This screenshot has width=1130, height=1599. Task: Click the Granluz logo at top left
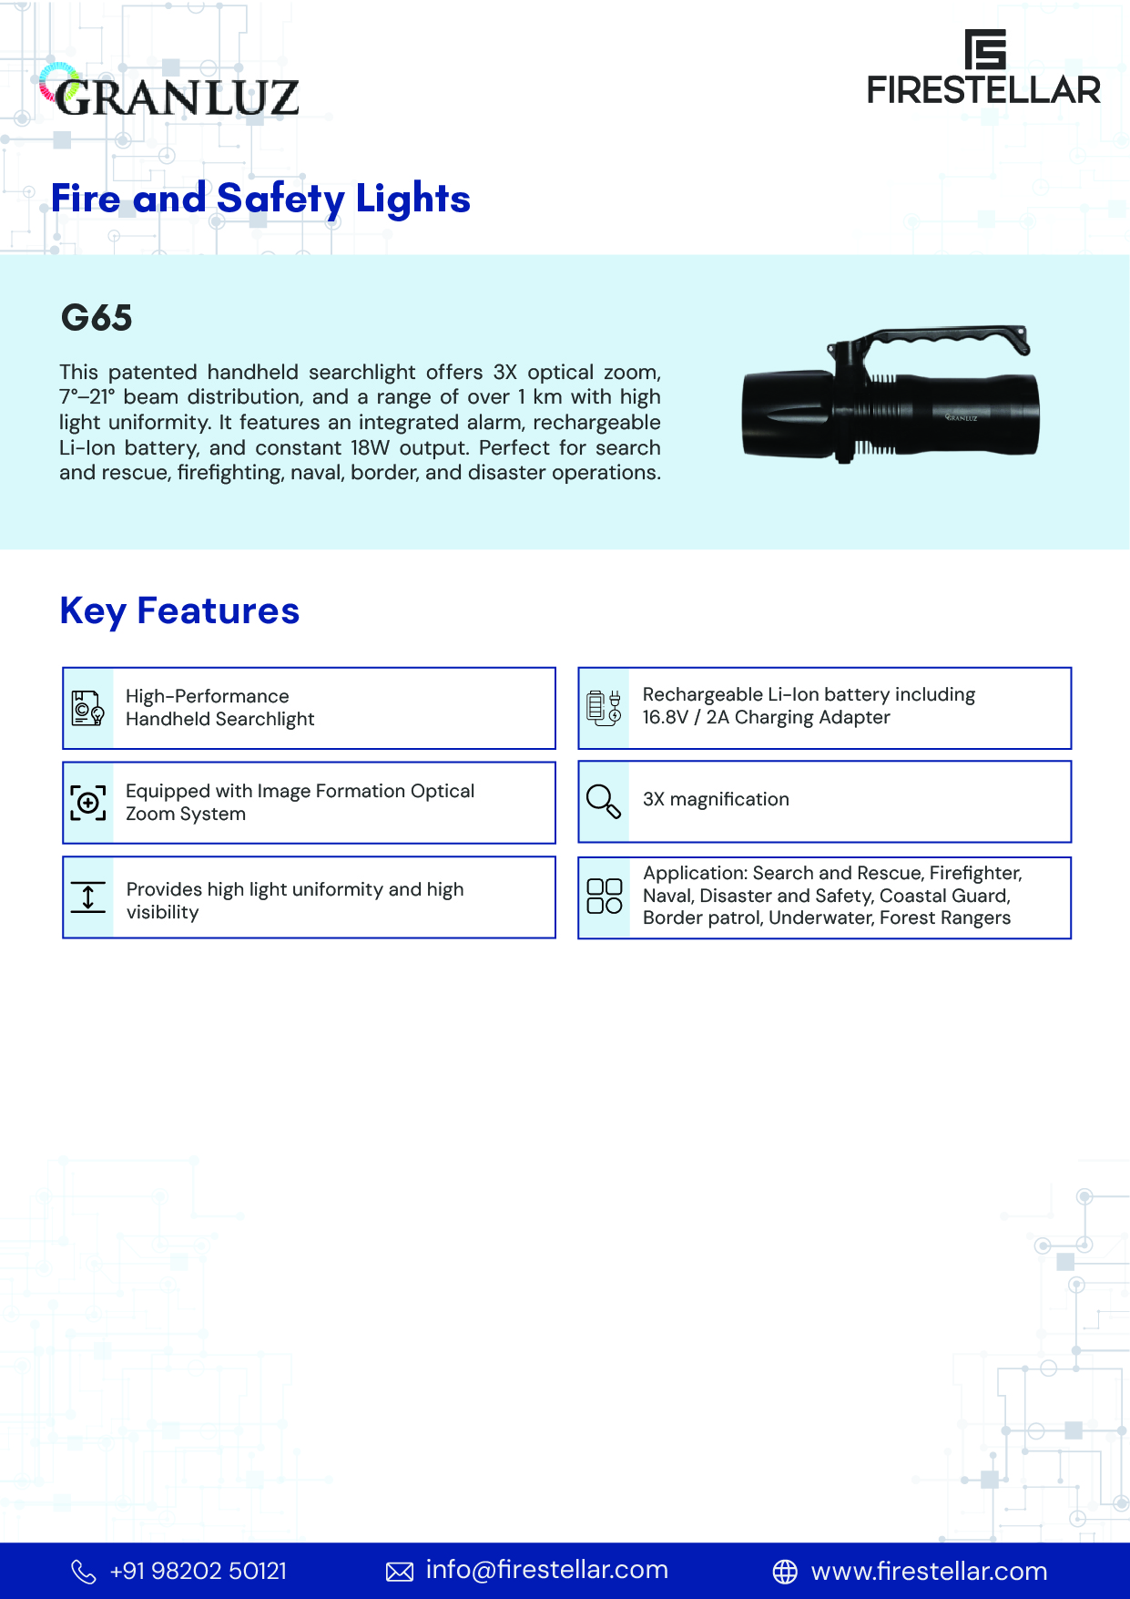pyautogui.click(x=169, y=93)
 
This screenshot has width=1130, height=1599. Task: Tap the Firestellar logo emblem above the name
pyautogui.click(x=985, y=49)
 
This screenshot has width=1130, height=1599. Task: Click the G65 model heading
pyautogui.click(x=97, y=318)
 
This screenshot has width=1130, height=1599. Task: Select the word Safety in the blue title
pyautogui.click(x=280, y=199)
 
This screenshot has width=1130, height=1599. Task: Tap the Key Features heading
pyautogui.click(x=179, y=610)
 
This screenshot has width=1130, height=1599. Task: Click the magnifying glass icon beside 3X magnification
pyautogui.click(x=604, y=802)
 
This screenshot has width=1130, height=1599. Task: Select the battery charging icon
pyautogui.click(x=604, y=708)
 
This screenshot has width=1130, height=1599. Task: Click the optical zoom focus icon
pyautogui.click(x=88, y=803)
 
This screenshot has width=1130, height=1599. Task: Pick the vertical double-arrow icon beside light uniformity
pyautogui.click(x=88, y=897)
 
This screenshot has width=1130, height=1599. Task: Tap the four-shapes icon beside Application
pyautogui.click(x=604, y=897)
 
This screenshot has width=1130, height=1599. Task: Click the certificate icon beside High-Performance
pyautogui.click(x=88, y=708)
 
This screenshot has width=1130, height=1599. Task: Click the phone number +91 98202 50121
pyautogui.click(x=198, y=1571)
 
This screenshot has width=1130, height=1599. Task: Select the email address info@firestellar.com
pyautogui.click(x=546, y=1570)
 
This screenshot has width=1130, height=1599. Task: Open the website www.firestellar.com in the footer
pyautogui.click(x=929, y=1571)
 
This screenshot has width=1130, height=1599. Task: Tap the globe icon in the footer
pyautogui.click(x=785, y=1572)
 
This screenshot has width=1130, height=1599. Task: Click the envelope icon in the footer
pyautogui.click(x=400, y=1572)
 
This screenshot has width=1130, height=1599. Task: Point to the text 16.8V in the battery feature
pyautogui.click(x=665, y=717)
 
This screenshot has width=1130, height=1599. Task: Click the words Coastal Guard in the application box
pyautogui.click(x=944, y=896)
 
